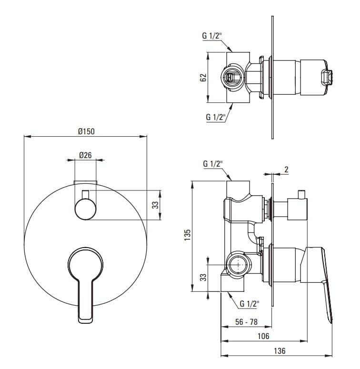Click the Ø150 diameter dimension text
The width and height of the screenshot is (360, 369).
pos(86,132)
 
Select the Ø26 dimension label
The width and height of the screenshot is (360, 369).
pos(85,155)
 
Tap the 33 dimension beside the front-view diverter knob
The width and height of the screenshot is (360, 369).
pos(155,205)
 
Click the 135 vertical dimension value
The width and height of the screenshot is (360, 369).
pos(188,236)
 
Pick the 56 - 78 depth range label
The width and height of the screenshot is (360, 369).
pos(246,322)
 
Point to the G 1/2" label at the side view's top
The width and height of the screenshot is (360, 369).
pos(212,164)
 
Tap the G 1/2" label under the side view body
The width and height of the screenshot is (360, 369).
pos(250,303)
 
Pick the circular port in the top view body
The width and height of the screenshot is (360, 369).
pos(232,77)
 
